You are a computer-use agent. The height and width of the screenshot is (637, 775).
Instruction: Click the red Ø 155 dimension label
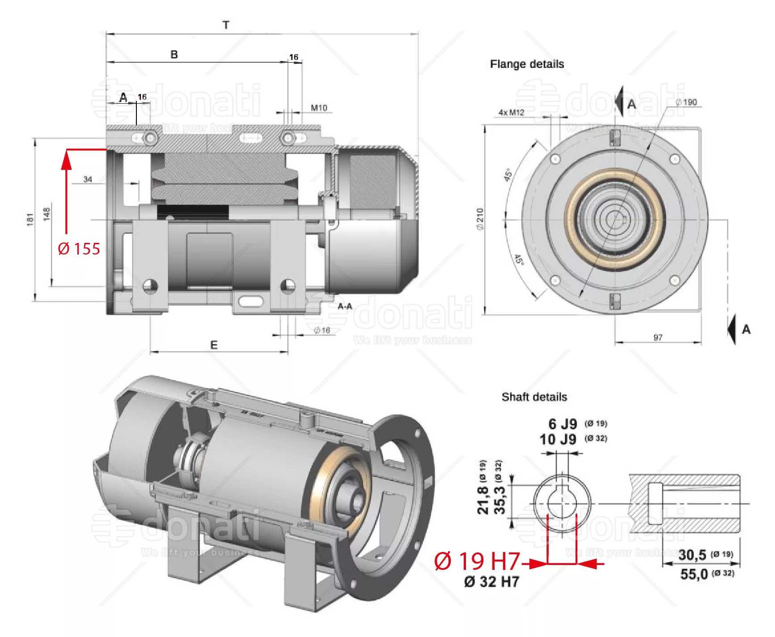pos(79,249)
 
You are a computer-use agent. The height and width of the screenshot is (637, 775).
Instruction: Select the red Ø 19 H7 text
pos(477,561)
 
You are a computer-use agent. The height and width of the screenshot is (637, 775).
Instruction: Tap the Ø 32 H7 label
pos(491,582)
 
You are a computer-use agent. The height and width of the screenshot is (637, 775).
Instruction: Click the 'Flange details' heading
pos(527,64)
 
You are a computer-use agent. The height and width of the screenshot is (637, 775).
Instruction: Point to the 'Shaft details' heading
pos(534,397)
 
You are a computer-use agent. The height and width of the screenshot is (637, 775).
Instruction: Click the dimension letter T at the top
pos(226,25)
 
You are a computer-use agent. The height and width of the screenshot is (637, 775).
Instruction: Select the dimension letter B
pos(174,55)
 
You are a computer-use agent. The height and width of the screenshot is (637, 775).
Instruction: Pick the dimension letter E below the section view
pos(214,345)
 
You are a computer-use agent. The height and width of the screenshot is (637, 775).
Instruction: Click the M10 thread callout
pos(319,108)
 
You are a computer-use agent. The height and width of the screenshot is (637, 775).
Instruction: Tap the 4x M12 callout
pos(511,112)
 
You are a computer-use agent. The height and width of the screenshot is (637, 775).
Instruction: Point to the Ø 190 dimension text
pos(686,102)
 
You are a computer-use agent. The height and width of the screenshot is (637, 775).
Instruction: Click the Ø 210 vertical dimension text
pos(480,219)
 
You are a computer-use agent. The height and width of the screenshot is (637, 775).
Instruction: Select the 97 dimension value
pos(658,337)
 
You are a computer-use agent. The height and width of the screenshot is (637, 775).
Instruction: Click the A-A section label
pos(345,306)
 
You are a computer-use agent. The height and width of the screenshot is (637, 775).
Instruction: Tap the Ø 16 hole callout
pos(322,330)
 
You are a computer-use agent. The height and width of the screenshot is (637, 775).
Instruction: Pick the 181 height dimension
pos(30,220)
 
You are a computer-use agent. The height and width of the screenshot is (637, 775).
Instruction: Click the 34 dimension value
pos(88,179)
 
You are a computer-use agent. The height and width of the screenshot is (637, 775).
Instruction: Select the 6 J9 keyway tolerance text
pos(563,424)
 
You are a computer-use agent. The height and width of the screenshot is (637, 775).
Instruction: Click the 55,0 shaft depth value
pos(694,574)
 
